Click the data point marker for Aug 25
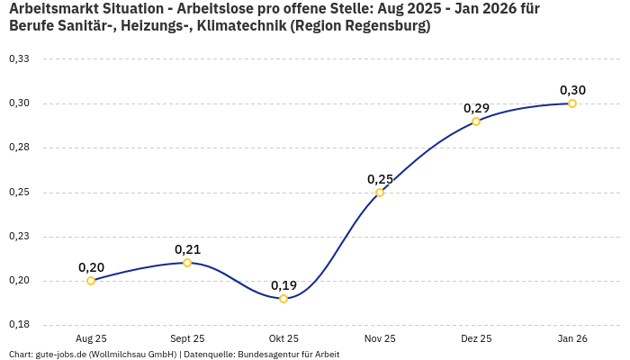pyautogui.click(x=91, y=281)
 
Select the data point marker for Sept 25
pyautogui.click(x=187, y=263)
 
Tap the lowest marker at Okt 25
pyautogui.click(x=283, y=299)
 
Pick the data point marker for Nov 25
pyautogui.click(x=380, y=193)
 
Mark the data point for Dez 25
pyautogui.click(x=476, y=121)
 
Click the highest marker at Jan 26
pyautogui.click(x=572, y=103)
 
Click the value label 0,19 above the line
pyautogui.click(x=283, y=285)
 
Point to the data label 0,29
pyautogui.click(x=476, y=108)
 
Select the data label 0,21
pyautogui.click(x=187, y=249)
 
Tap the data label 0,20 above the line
pyautogui.click(x=91, y=267)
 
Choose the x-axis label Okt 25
pyautogui.click(x=283, y=338)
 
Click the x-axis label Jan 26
pyautogui.click(x=572, y=338)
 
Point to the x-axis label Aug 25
pyautogui.click(x=91, y=338)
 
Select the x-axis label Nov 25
pyautogui.click(x=380, y=338)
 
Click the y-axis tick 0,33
pyautogui.click(x=19, y=58)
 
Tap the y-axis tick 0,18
pyautogui.click(x=19, y=325)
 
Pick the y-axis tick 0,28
pyautogui.click(x=19, y=148)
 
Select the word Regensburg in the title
pyautogui.click(x=377, y=26)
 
